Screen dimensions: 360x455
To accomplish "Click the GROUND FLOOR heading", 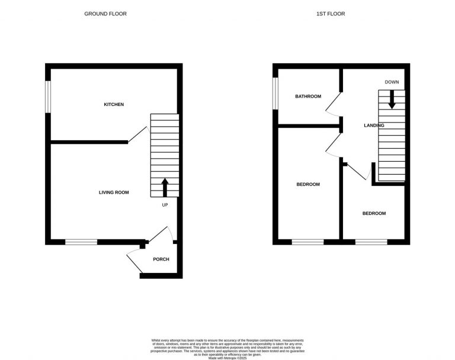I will (105, 14).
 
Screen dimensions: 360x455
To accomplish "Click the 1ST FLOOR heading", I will (331, 14).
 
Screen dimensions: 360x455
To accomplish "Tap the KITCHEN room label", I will (114, 105).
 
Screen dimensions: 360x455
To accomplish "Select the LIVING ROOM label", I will (114, 192).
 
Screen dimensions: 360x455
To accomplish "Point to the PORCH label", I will (161, 259).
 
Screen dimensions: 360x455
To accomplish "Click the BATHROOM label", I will (308, 97).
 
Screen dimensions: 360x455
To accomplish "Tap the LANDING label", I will (374, 126).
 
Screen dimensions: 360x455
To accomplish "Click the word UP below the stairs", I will (165, 205).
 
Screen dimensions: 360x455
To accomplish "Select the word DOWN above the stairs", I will (392, 82).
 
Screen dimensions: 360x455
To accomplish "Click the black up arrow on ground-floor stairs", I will (165, 188).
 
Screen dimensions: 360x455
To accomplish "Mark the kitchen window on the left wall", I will (49, 95).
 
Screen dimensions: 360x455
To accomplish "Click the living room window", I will (81, 242).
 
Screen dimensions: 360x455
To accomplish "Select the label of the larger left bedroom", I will (308, 184).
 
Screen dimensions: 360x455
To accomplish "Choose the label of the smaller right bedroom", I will (374, 213).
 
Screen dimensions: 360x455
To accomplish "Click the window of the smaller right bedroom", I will (371, 242).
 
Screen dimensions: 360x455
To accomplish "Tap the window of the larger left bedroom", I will (307, 242).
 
